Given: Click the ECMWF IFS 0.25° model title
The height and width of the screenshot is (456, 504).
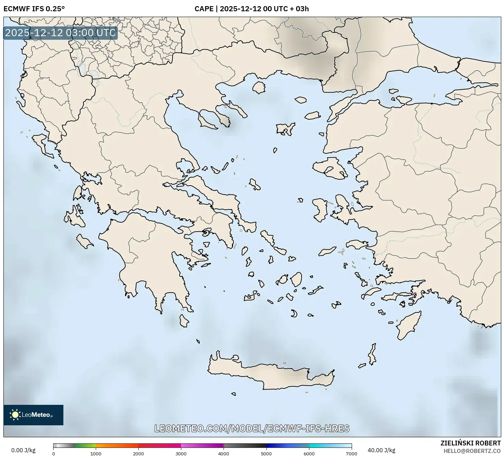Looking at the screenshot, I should coord(34,9).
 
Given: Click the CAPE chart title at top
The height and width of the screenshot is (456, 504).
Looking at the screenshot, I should coord(251,9).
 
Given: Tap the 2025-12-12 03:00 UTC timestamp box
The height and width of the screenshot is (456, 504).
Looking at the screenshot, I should coord(60,33).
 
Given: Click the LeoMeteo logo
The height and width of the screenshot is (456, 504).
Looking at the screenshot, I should coord(33,415).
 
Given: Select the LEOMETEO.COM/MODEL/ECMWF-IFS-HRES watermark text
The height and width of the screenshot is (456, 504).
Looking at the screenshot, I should coord(252,428).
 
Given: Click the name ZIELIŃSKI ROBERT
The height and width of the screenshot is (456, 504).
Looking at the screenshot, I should coord(470,443).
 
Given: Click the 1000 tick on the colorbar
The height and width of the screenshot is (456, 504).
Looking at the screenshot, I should coord(96,454).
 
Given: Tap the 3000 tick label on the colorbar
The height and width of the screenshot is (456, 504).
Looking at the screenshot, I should coord(181,454).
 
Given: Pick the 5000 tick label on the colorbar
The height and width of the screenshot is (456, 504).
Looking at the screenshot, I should coord(266,454).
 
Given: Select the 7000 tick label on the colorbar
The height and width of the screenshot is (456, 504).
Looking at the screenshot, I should coord(351,454).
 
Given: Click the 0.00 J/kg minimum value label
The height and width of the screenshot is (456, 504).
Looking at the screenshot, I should coord(23,450).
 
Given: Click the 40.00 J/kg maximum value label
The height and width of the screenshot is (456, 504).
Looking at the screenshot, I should coord(381,450).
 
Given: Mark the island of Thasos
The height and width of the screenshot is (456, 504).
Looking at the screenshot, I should coord(259,87).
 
